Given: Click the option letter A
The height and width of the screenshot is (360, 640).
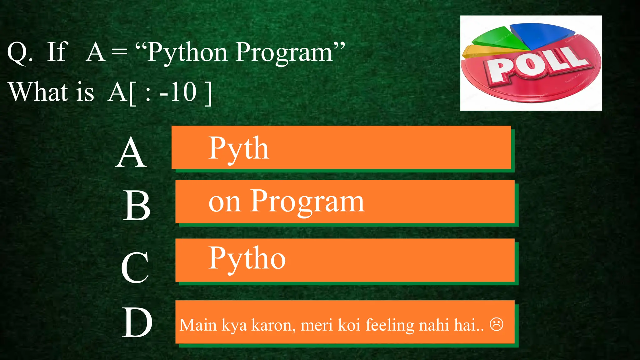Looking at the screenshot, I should pos(131,153).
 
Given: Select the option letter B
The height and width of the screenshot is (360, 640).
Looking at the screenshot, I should pos(137,206).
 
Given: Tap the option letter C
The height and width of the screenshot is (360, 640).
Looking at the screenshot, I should pos(135,267).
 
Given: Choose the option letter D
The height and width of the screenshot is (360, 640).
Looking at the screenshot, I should pos(137,322).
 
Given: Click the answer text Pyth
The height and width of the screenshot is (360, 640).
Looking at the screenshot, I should pos(238,149).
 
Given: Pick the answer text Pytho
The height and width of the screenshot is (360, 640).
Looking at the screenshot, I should pos(247,259).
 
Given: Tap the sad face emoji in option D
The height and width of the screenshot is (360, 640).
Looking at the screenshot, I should pos(496,324).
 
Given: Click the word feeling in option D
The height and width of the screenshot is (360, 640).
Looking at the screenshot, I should pos(390,325).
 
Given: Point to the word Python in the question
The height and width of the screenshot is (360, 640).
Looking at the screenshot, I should pos(187,52).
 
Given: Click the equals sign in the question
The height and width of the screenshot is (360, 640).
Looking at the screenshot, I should pos(120,52).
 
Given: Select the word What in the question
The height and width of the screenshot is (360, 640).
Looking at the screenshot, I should pos(38,92).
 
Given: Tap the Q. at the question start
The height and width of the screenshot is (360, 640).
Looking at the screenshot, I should pos(20,52).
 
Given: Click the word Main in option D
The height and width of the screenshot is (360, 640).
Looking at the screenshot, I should pos(198,325).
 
